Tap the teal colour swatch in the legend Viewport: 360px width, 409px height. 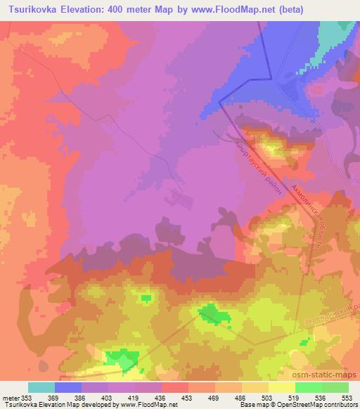(41, 387)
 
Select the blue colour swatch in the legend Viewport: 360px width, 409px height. (68, 387)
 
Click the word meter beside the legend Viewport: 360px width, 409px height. (10, 397)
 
